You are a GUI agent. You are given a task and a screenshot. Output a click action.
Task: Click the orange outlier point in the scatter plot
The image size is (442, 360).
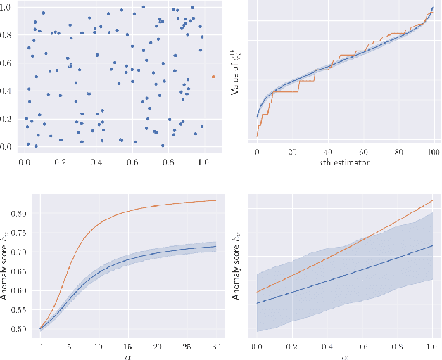[x=214, y=77]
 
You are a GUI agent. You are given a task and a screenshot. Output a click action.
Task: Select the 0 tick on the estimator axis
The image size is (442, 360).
[x=258, y=152]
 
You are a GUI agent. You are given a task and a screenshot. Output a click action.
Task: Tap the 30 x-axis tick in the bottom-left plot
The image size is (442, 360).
[x=214, y=347]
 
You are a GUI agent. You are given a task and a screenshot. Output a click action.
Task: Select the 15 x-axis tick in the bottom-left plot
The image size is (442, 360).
[x=127, y=347]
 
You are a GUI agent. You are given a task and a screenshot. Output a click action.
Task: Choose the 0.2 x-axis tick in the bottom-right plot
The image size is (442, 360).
[x=292, y=347]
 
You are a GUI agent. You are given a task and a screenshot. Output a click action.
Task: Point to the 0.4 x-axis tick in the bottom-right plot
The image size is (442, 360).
[x=327, y=347]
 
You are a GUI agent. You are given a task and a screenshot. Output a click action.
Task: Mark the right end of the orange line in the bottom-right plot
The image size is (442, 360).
[x=432, y=200]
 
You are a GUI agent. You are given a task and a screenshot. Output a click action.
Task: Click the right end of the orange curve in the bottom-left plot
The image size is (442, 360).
[x=215, y=200]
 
